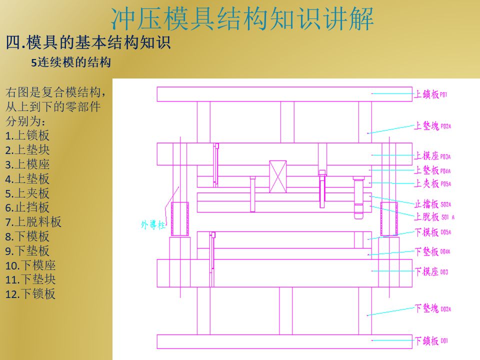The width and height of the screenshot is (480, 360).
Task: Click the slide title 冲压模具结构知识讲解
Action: point(242,19)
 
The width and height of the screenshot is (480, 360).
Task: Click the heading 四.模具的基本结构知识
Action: point(88,43)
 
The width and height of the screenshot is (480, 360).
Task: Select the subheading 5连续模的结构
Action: point(70,63)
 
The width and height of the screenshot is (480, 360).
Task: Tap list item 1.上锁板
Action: point(27,135)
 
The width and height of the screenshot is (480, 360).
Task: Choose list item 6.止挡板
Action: point(27,207)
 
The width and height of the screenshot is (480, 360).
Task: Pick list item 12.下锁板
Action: point(30,294)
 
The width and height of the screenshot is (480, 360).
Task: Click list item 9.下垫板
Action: point(27,251)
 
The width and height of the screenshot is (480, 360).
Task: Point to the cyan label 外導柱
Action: point(153,225)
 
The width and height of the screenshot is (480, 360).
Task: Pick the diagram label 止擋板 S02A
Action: point(433,204)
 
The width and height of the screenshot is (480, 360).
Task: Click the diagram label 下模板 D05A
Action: point(433,232)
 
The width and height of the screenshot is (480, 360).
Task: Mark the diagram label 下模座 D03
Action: point(431,272)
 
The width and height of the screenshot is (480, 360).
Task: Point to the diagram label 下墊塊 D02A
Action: point(433,308)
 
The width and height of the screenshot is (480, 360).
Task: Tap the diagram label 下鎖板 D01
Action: point(431,341)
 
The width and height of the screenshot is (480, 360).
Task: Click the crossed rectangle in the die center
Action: point(278,176)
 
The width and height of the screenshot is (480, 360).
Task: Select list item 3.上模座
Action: point(27,164)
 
